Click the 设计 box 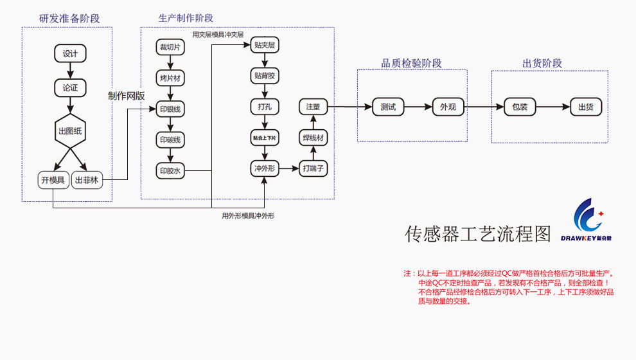pos(70,54)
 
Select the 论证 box pos(70,88)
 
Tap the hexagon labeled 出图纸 pos(70,131)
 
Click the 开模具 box pos(53,180)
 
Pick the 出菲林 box pos(87,180)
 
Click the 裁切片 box pos(170,47)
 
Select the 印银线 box pos(170,109)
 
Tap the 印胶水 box pos(170,170)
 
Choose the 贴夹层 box pos(265,45)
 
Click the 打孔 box pos(265,107)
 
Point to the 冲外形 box pos(265,169)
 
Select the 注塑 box pos(313,107)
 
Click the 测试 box pos(388,107)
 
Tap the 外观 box pos(448,107)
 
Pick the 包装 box pos(520,107)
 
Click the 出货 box pos(586,107)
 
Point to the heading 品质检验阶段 pos(412,63)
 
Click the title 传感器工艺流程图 pos(478,234)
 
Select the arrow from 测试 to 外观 pos(418,107)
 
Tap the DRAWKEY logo pos(586,221)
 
